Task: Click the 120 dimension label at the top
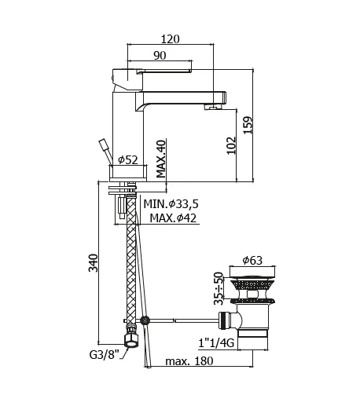pyautogui.click(x=170, y=39)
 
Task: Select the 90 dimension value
pyautogui.click(x=160, y=56)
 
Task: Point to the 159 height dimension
pyautogui.click(x=248, y=125)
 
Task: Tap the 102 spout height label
pyautogui.click(x=231, y=145)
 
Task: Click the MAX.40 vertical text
pyautogui.click(x=161, y=159)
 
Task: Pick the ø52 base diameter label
pyautogui.click(x=128, y=160)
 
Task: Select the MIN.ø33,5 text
pyautogui.click(x=171, y=204)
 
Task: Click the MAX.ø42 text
pyautogui.click(x=173, y=218)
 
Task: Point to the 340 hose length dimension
pyautogui.click(x=94, y=263)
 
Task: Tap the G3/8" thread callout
pyautogui.click(x=104, y=355)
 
